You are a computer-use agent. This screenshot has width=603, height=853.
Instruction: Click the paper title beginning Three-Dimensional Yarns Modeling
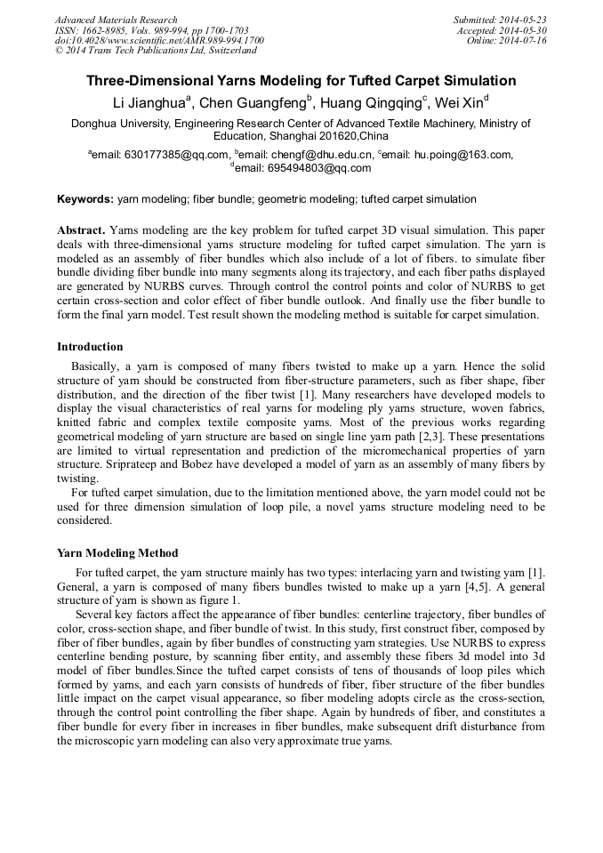pos(301,81)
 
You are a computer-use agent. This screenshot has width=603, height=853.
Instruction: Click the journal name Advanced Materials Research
pos(116,20)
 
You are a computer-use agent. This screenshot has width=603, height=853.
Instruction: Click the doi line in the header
pos(159,41)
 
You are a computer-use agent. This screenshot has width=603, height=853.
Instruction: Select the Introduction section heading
pos(90,347)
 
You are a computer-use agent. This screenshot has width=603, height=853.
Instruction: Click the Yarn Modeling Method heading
pos(117,552)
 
